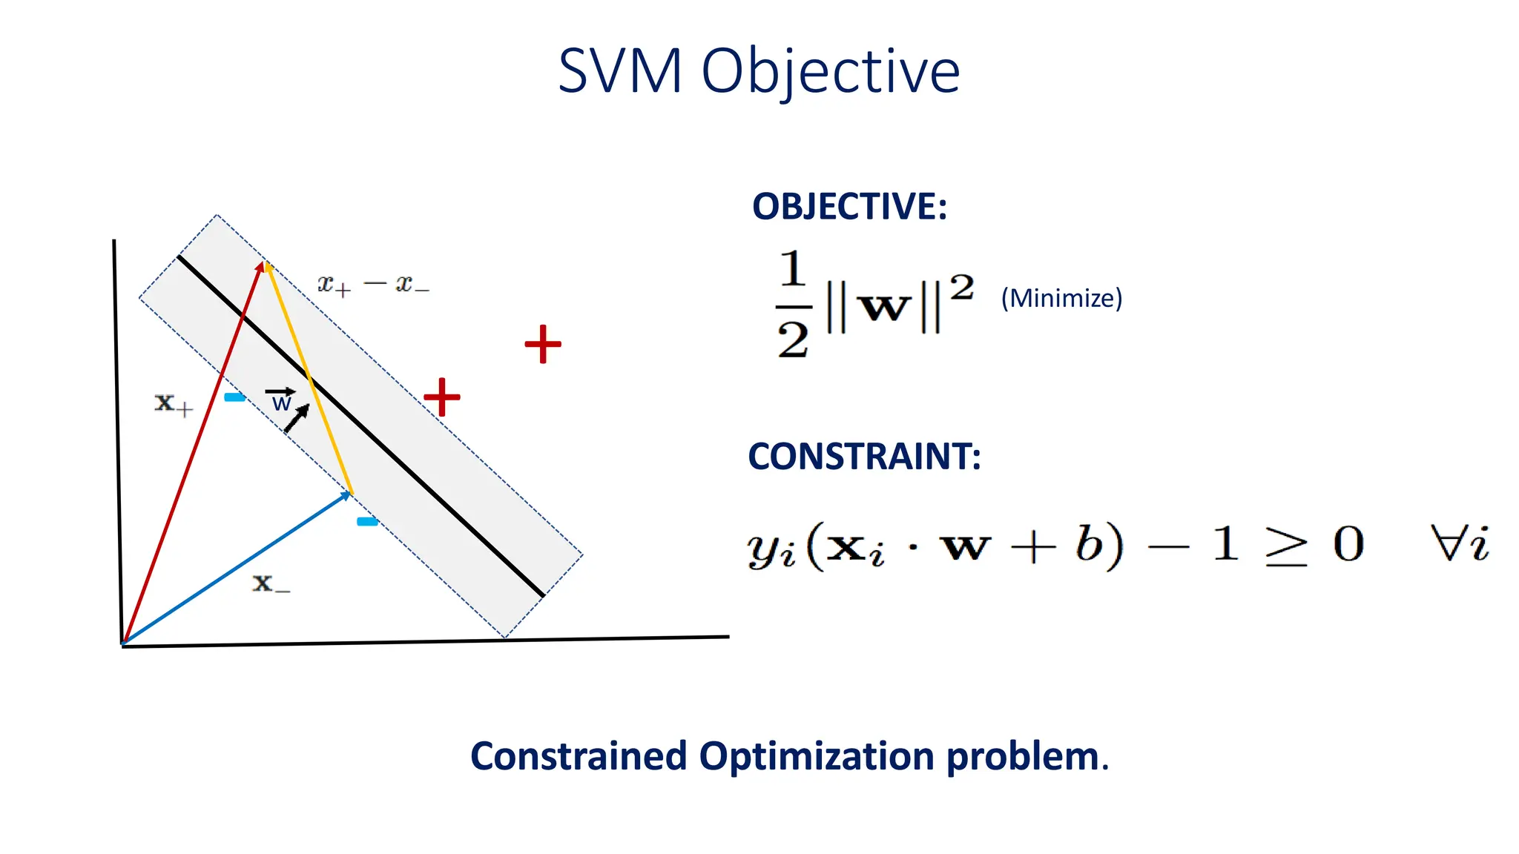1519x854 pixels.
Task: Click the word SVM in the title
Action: point(619,71)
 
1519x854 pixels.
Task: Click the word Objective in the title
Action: point(831,73)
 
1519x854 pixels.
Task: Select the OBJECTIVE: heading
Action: point(849,206)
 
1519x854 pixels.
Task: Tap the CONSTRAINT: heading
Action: point(864,456)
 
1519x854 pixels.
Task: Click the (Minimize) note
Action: point(1061,298)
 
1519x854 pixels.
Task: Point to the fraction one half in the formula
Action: point(793,305)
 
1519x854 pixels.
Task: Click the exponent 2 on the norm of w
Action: point(962,287)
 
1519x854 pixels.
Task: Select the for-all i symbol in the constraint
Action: point(1459,544)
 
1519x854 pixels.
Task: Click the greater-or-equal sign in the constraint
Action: point(1286,548)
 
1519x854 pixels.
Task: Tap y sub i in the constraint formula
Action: point(771,549)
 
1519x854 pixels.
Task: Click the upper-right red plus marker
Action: point(543,344)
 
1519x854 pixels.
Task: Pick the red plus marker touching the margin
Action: point(442,397)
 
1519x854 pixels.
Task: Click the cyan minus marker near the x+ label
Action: point(234,397)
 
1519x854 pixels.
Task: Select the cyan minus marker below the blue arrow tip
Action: point(367,522)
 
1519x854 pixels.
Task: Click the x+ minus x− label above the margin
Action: point(373,285)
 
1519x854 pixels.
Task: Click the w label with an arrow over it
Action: point(281,400)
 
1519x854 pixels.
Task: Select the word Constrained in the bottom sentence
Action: point(579,756)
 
